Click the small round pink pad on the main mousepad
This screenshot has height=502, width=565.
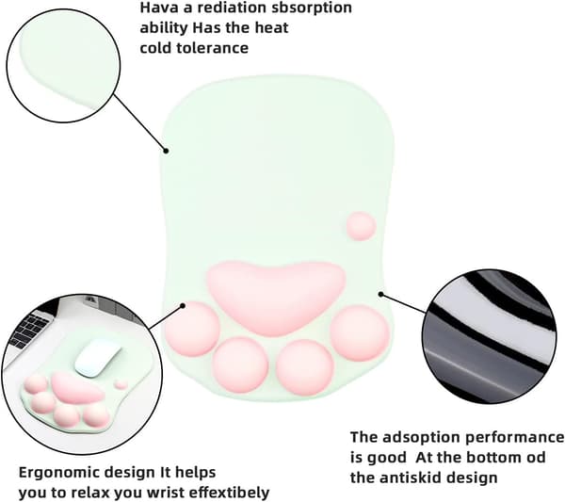coord(362,226)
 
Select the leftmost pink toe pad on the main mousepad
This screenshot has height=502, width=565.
coord(193,329)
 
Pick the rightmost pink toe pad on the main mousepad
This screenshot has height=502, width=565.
coord(360,333)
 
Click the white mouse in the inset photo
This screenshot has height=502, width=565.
coord(98,359)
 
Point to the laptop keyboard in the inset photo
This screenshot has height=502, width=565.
coord(31,330)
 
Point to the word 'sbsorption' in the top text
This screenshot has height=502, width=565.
coord(312,8)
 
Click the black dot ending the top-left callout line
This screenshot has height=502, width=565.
coord(166,151)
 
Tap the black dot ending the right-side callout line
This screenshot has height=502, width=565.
coord(380,295)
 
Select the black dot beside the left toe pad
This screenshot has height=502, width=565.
coord(183,306)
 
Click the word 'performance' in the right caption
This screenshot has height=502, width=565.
coord(514,438)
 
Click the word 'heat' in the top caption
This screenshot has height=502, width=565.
coord(272,27)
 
